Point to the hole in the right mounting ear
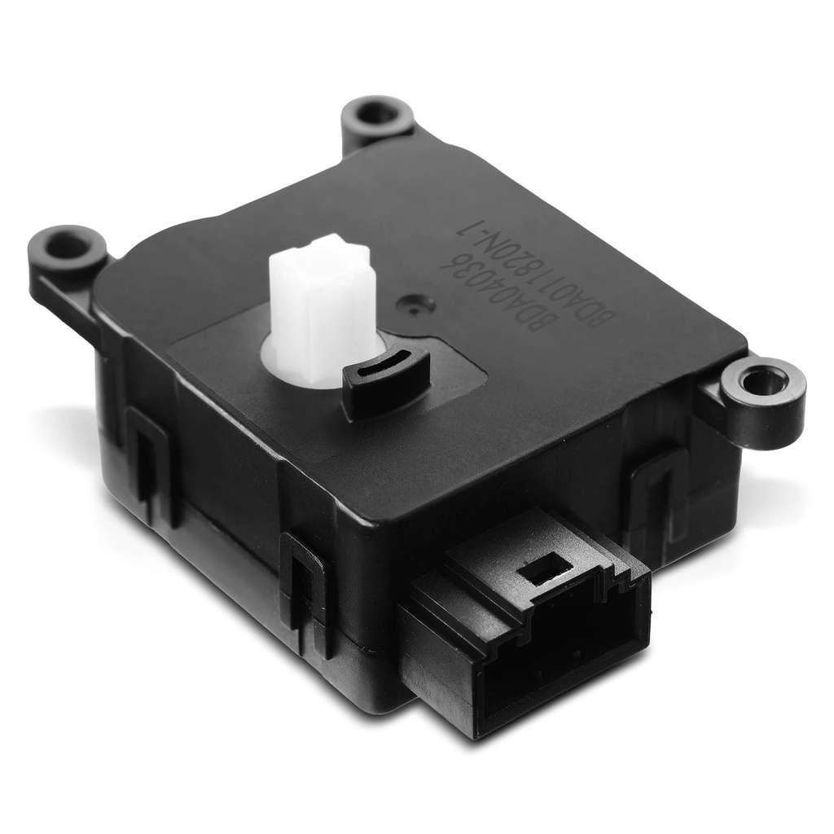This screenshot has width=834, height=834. (757, 381)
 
